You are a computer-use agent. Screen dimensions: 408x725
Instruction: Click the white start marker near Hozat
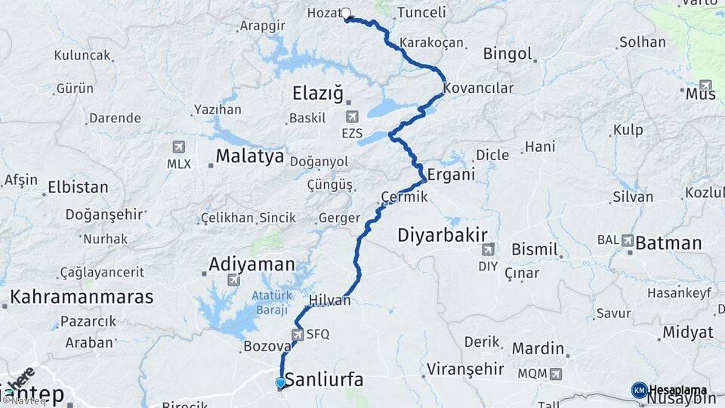[347, 13]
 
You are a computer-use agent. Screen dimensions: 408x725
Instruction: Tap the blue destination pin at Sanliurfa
[280, 382]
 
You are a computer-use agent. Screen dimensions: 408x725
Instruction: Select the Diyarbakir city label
[443, 235]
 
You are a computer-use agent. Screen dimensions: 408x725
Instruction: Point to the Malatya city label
[249, 156]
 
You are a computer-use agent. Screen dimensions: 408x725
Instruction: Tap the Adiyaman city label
[251, 264]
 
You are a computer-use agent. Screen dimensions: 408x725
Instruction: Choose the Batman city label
[669, 243]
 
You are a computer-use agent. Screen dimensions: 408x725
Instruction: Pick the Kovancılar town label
[478, 88]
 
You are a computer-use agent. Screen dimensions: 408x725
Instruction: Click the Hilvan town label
[330, 300]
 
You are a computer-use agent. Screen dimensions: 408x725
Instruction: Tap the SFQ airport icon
[298, 335]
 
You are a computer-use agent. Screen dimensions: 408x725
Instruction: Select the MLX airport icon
[179, 147]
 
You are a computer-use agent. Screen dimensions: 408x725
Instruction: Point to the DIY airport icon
[488, 249]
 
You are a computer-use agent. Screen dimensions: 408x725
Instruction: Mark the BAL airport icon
[627, 240]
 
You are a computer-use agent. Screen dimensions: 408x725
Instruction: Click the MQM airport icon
[556, 373]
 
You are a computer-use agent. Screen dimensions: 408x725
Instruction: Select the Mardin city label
[538, 348]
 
